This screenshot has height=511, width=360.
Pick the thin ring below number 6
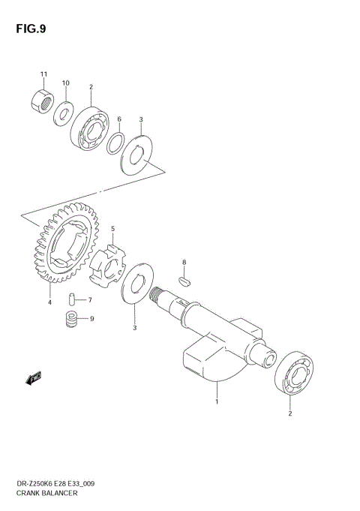(x=116, y=143)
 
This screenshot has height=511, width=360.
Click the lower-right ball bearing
(x=294, y=372)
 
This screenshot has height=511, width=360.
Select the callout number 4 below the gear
(x=49, y=302)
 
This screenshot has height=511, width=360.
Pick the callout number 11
(x=43, y=74)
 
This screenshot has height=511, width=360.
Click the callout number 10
(x=66, y=83)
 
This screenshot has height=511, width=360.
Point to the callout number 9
(x=91, y=319)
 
